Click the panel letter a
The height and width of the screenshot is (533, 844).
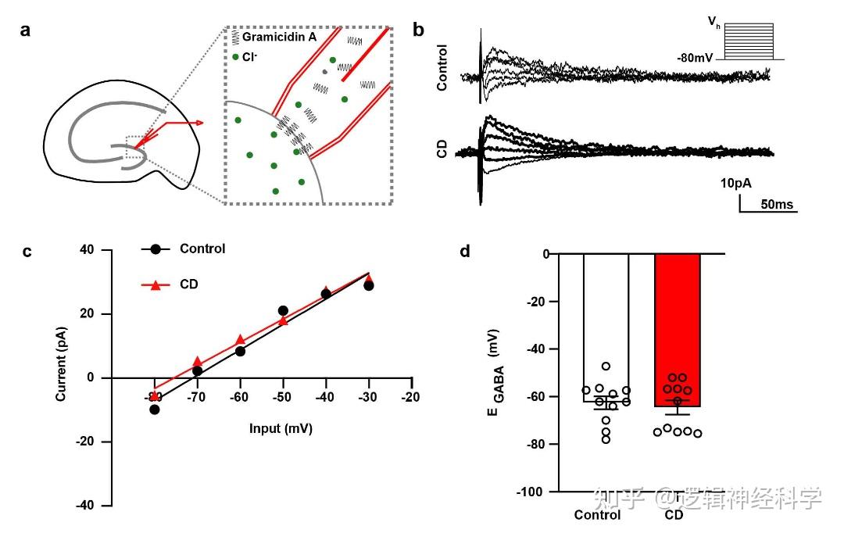(27, 30)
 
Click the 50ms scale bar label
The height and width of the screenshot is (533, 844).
(777, 205)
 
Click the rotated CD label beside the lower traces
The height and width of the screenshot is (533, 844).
(442, 149)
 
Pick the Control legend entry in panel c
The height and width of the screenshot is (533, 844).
(202, 249)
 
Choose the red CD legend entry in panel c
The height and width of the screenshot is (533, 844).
(188, 284)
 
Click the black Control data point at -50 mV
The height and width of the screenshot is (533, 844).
(283, 311)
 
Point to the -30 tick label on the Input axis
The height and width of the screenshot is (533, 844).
(367, 397)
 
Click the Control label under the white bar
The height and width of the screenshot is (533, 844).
(597, 515)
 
